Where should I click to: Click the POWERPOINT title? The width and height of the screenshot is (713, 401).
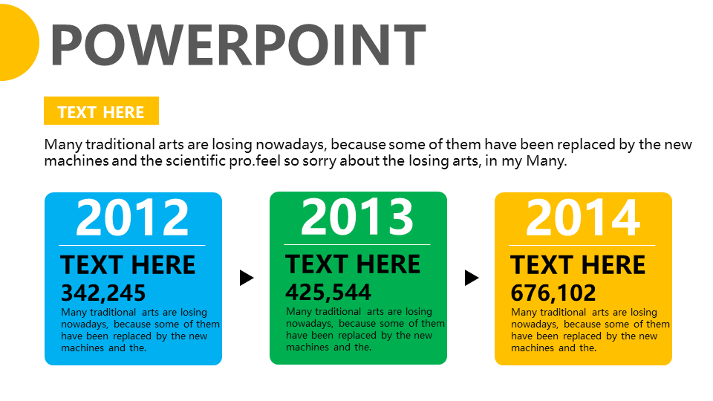pos(238,45)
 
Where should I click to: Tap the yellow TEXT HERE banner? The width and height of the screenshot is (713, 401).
pos(101,111)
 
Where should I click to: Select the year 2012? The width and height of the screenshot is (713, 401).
pos(133,218)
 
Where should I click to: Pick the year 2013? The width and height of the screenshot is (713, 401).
pos(357,217)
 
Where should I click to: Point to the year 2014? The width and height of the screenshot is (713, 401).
pos(583,218)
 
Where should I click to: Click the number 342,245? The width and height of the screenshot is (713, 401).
pos(103,293)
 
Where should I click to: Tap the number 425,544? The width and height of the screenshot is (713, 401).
pos(328,292)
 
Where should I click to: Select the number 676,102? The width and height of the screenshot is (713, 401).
pos(553,293)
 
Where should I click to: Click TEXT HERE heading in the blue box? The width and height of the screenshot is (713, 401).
pos(128,265)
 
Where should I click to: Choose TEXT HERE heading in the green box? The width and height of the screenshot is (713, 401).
pos(353,264)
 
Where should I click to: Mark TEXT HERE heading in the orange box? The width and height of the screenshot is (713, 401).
pos(578,265)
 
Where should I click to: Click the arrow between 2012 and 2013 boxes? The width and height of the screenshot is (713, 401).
pos(247,278)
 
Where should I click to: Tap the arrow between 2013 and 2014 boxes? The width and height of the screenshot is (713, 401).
pos(471,278)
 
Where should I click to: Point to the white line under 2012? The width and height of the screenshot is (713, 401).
pos(132,245)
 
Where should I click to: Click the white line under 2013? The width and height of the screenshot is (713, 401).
pos(357,244)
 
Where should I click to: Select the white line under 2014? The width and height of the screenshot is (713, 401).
pos(582,245)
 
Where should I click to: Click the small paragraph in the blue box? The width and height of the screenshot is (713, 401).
pos(140,330)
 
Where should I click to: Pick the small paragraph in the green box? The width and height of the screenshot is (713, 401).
pos(365,330)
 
